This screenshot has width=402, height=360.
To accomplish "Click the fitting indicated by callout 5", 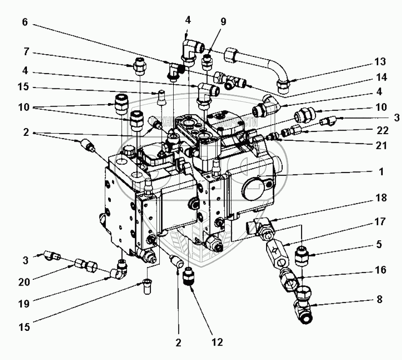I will (x=302, y=258).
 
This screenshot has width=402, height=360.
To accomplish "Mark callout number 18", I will (x=380, y=198).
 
